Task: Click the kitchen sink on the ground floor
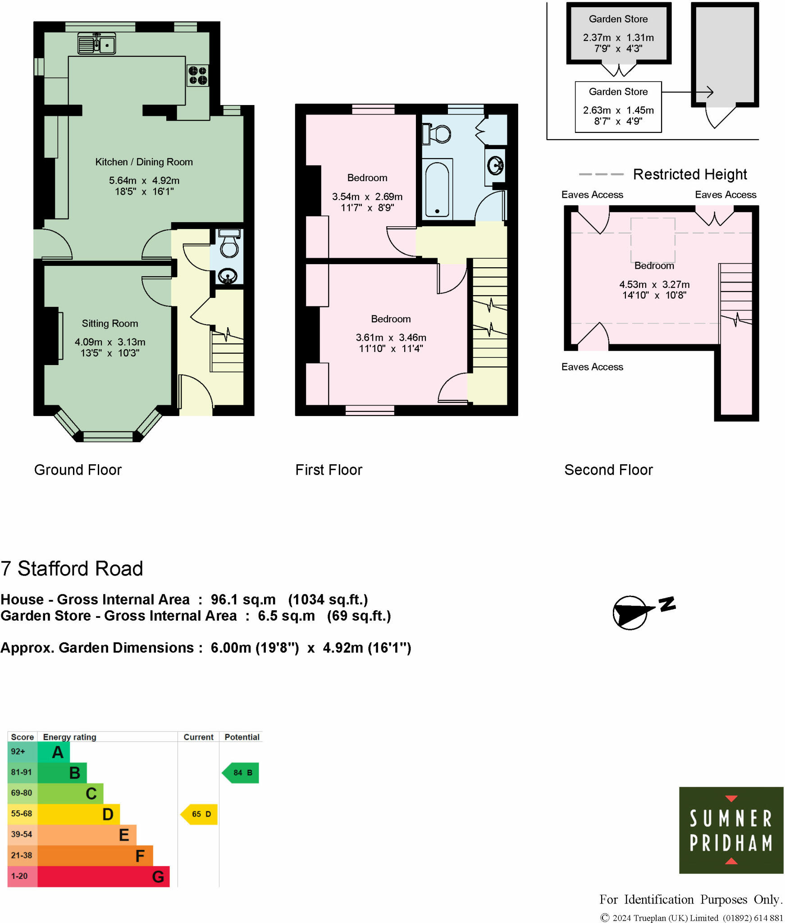point(96,44)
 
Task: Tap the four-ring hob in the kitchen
point(198,76)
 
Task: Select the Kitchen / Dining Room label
point(144,162)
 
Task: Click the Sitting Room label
point(110,323)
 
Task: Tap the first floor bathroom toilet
point(438,134)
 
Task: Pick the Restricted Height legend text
point(689,174)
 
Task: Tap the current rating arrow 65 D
point(200,814)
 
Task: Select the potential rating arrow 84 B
point(241,772)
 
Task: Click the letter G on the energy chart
point(158,877)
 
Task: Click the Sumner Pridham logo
point(730,830)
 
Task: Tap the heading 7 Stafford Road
point(72,568)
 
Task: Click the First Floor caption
point(329,470)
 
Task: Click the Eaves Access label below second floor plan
point(592,367)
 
